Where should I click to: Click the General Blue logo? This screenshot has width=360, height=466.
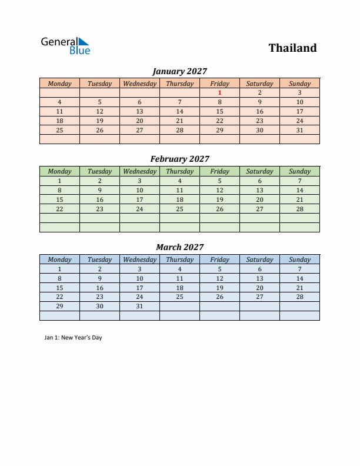pos(65,46)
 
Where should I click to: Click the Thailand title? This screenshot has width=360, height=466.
pos(292,48)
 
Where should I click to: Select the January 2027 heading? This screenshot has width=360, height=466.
pos(179,71)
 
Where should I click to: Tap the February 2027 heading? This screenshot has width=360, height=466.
pos(179,159)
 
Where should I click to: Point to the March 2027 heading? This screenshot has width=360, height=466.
pos(179,247)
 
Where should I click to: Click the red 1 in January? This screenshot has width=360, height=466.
pos(219,92)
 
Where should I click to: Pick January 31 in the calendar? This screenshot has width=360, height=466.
pos(299,130)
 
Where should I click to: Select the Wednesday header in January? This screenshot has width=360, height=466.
pos(139,84)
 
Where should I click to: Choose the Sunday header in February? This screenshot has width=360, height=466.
pos(299,171)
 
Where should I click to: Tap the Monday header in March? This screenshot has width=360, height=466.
pos(59,259)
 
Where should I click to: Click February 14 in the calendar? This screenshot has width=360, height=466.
pos(299,190)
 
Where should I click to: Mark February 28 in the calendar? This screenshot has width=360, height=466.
pos(299,209)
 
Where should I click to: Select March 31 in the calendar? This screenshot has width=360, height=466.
pos(139,307)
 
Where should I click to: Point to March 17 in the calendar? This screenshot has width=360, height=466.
pos(139,288)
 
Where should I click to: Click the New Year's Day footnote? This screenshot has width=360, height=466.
pos(73,338)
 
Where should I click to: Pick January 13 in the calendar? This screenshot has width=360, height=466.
pos(139,111)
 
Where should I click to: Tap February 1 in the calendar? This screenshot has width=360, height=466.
pos(59,181)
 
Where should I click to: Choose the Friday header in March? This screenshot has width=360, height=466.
pos(219,259)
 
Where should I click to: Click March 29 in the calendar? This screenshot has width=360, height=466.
pos(59,307)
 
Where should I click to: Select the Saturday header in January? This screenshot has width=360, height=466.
pos(259,84)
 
